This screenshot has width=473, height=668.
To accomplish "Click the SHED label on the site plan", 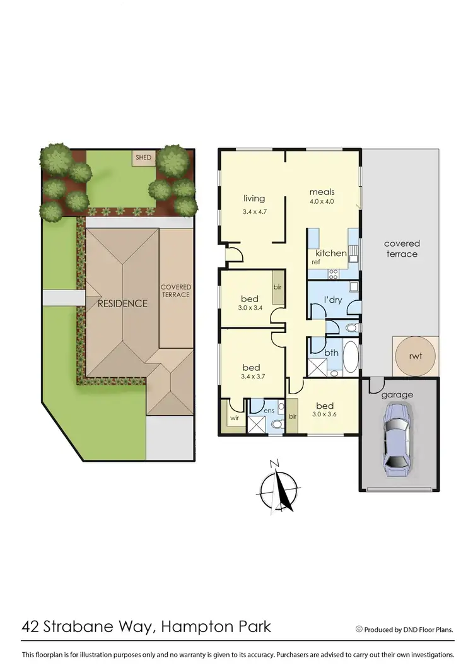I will click(x=144, y=157).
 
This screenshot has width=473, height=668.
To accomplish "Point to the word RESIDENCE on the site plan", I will click(x=122, y=303).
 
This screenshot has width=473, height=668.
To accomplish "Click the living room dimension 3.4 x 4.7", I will click(x=255, y=212).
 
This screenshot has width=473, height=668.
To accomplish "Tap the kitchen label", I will click(x=330, y=254).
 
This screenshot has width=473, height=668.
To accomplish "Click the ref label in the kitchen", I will click(x=315, y=261).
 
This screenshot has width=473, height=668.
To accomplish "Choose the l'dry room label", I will click(x=333, y=300).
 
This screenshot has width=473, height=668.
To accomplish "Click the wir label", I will click(x=233, y=417).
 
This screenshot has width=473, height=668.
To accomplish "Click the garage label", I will click(x=397, y=395).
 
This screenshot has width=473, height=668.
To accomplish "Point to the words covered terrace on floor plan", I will click(x=402, y=249).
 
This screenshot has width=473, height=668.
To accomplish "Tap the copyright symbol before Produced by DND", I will click(x=359, y=629).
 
